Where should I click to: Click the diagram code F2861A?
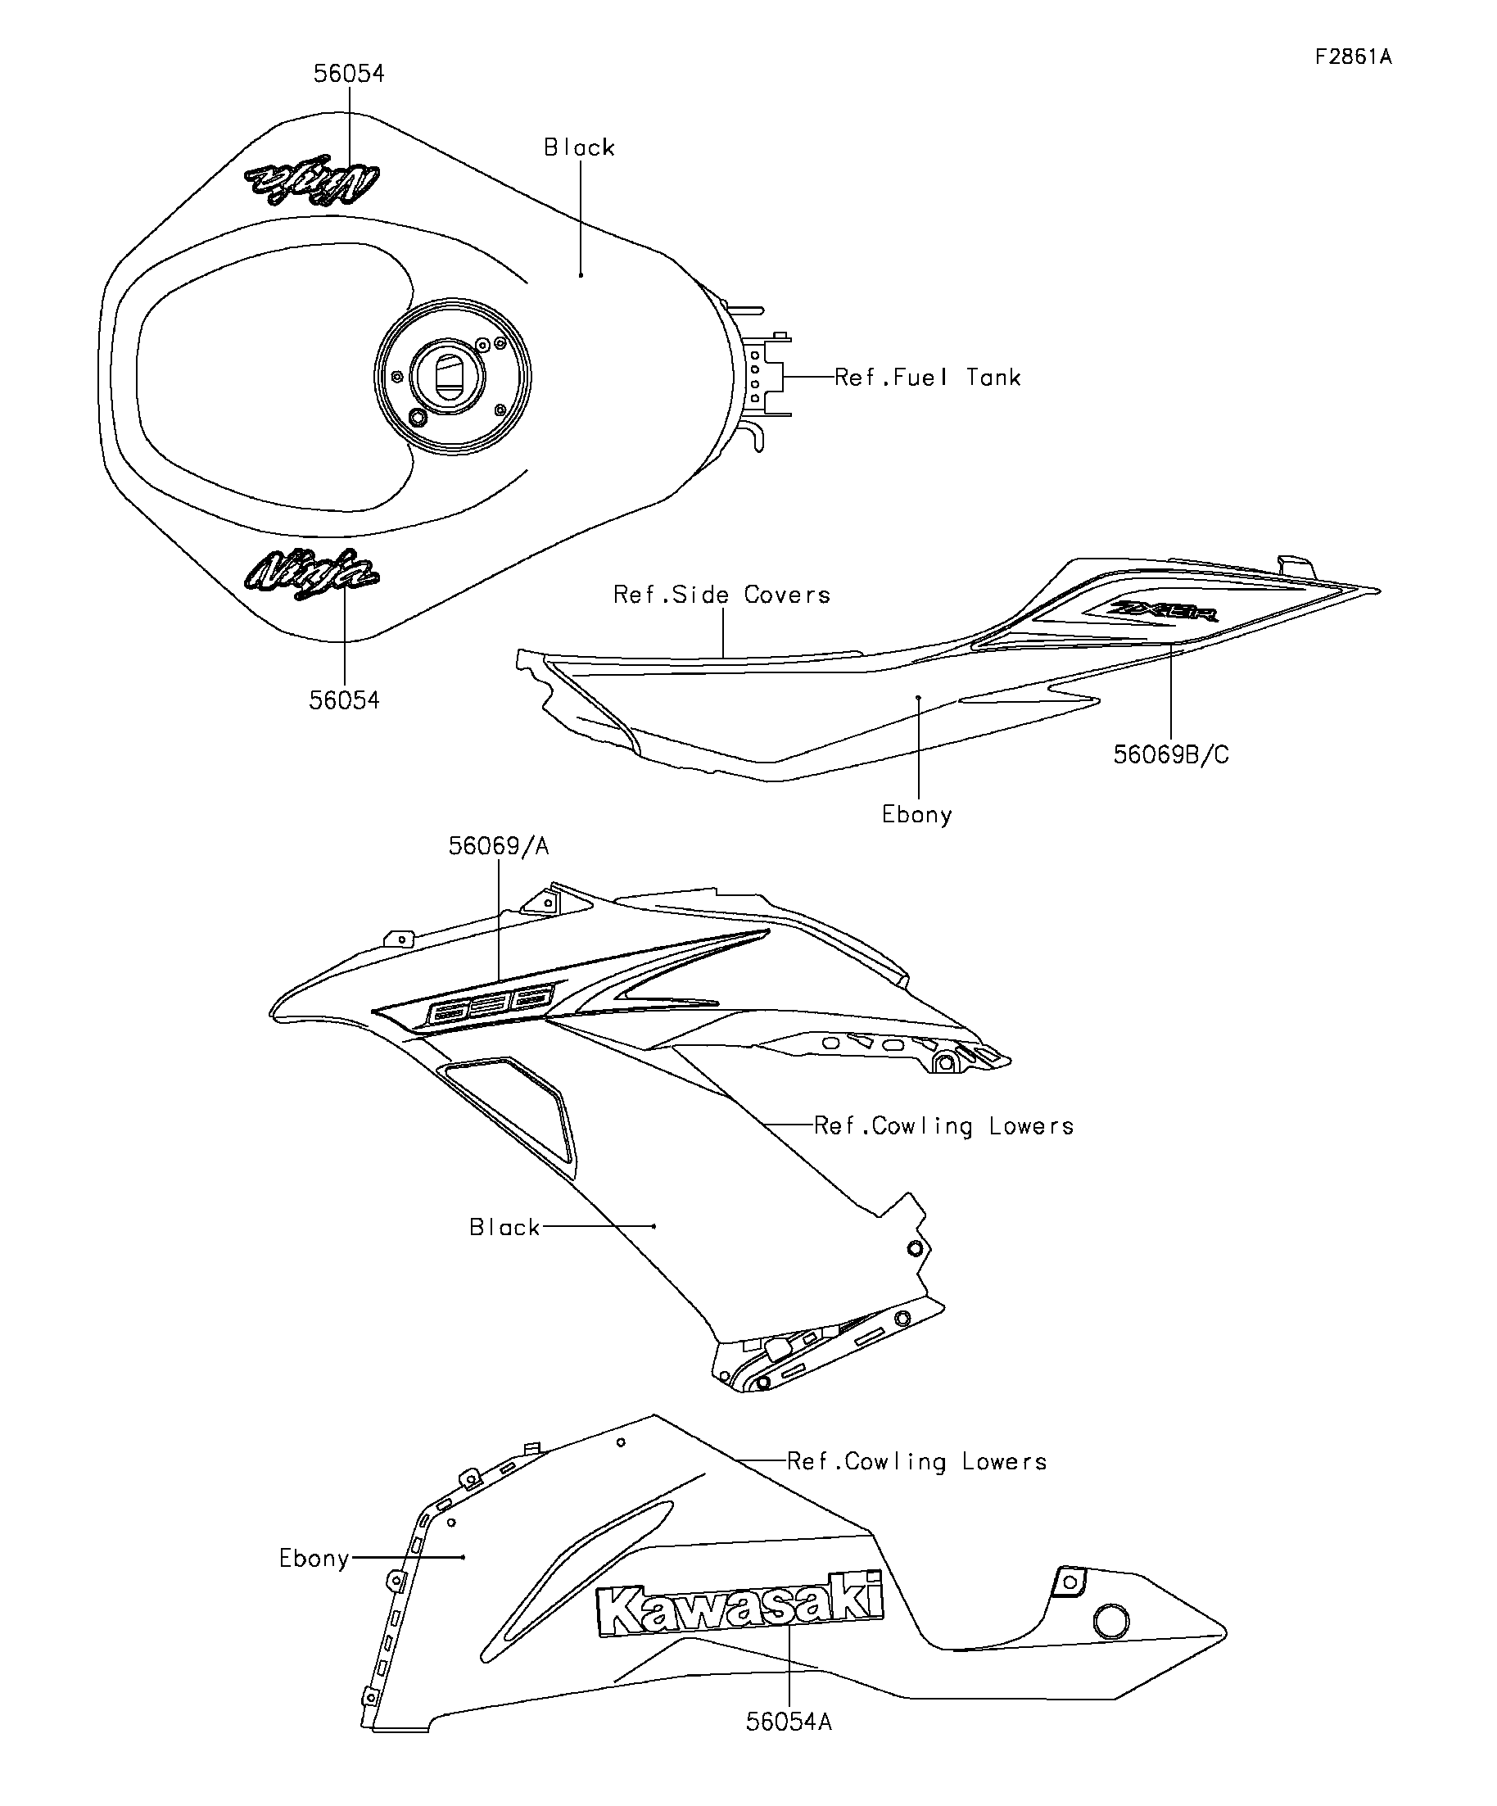pos(1352,57)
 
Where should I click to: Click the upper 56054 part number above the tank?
pos(348,74)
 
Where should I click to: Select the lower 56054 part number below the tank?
pos(344,700)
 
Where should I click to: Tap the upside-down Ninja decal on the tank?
pos(312,179)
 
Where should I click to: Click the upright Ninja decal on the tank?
pos(311,574)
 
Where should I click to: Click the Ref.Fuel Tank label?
pos(927,378)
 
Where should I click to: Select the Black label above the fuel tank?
pos(579,148)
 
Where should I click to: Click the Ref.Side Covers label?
pos(721,595)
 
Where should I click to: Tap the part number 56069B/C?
pos(1170,755)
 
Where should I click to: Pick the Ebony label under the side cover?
pos(916,814)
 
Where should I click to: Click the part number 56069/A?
pos(498,846)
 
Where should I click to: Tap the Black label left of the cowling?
pos(504,1227)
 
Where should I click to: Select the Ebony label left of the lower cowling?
pos(314,1559)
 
